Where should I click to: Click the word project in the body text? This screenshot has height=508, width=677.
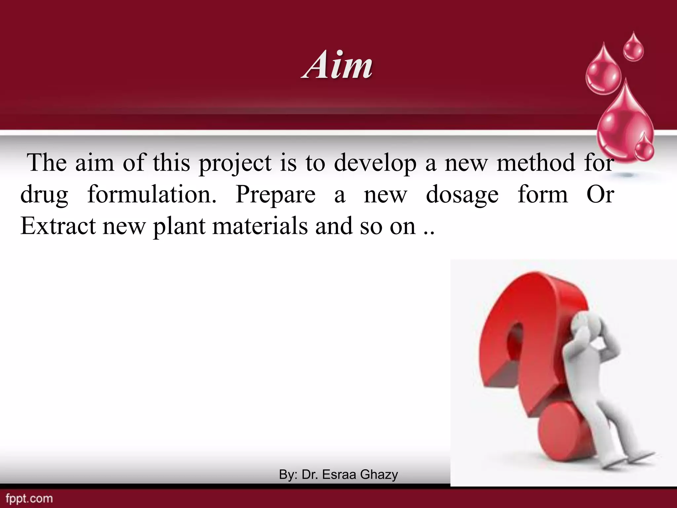point(235,163)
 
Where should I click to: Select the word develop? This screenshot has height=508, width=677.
point(376,163)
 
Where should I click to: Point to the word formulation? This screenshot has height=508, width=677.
point(152,194)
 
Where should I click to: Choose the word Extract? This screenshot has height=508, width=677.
point(58,226)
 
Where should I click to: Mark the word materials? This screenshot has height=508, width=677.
point(260,226)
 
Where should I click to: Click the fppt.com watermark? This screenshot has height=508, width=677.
point(29,498)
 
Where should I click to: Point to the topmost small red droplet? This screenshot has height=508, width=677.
point(633,49)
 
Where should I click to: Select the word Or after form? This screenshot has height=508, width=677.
point(600,194)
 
